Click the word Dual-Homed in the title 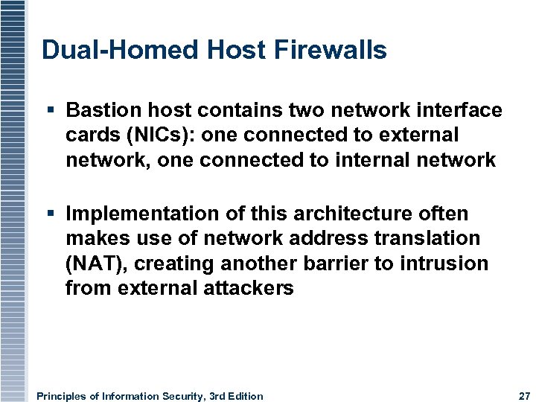pos(103,50)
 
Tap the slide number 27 pos(523,396)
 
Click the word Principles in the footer pos(62,396)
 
